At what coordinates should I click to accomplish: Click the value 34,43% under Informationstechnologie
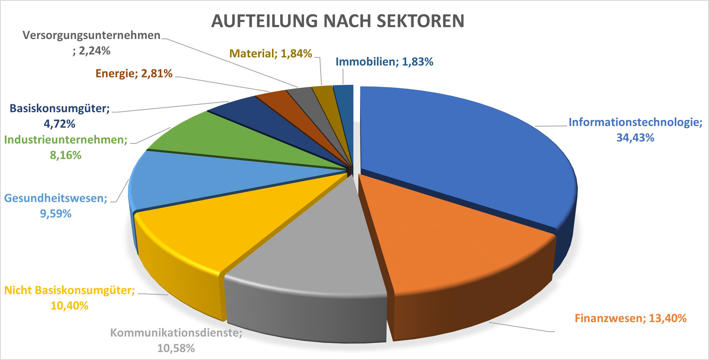click(635, 138)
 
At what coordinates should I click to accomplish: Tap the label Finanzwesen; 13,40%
click(630, 318)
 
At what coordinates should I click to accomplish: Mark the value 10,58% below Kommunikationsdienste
click(176, 348)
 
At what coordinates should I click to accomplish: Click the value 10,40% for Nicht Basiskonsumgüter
click(69, 306)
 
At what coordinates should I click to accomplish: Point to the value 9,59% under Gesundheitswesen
click(56, 214)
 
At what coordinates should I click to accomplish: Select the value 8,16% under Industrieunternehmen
click(66, 155)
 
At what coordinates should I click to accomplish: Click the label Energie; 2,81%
click(134, 74)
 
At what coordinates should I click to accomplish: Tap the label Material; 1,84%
click(270, 54)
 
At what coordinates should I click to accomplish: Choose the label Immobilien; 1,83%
click(384, 62)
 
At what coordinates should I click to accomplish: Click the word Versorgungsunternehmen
click(91, 35)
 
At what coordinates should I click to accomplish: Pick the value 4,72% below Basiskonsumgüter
click(59, 124)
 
